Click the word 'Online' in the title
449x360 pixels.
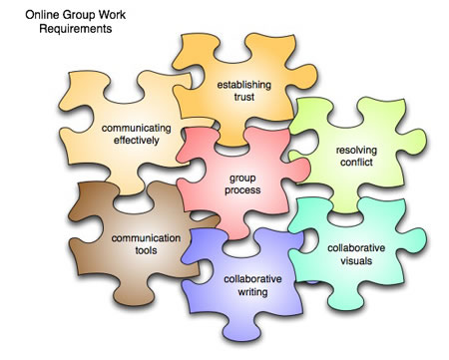pos(43,15)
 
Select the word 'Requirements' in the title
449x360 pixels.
pos(76,29)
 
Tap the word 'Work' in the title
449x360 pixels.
pos(113,15)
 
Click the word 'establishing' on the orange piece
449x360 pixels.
pos(244,85)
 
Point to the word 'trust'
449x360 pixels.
pos(244,97)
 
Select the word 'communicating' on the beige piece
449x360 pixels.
pos(137,129)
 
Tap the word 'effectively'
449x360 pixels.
pos(137,141)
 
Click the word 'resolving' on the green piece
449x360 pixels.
pos(356,151)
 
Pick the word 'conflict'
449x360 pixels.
pos(356,163)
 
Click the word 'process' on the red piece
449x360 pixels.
pos(242,190)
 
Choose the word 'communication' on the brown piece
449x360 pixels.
pos(146,238)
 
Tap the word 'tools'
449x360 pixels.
pos(146,250)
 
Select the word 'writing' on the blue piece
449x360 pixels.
pos(252,292)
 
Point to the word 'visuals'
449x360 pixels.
pos(356,260)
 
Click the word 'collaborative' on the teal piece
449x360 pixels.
pos(356,248)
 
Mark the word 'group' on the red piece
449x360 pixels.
pos(242,179)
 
